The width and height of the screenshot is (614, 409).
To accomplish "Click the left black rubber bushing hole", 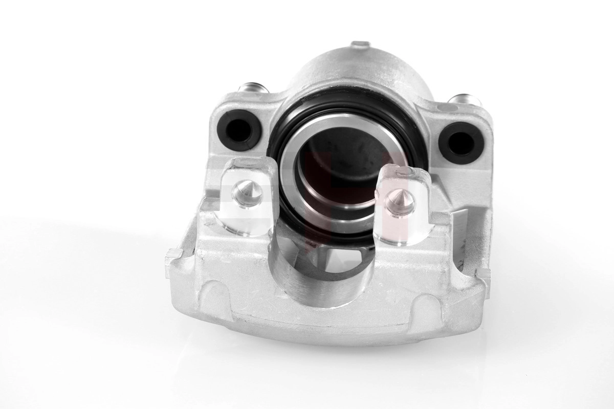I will (239, 127).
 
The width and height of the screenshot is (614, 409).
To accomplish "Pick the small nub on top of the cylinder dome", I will (360, 46).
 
